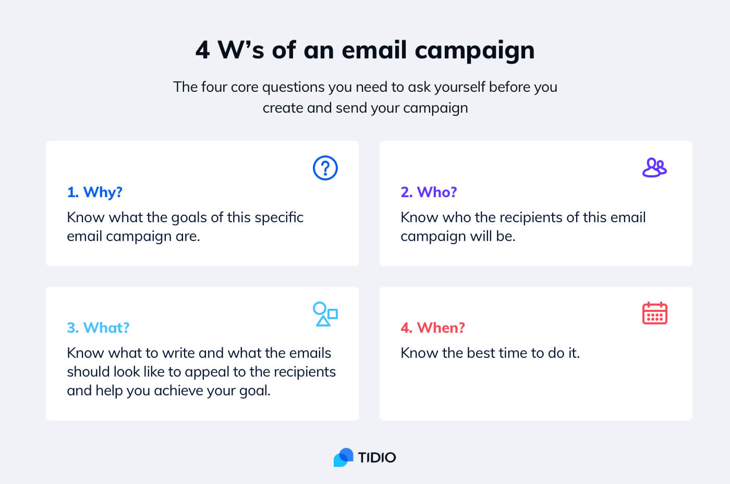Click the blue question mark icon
click(x=325, y=168)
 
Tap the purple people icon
click(x=654, y=168)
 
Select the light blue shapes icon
click(x=325, y=314)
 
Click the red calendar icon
click(x=654, y=313)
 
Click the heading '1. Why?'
click(x=95, y=192)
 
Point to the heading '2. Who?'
click(x=429, y=192)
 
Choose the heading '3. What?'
click(x=98, y=328)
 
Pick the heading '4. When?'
click(x=433, y=328)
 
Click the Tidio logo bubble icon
click(x=344, y=457)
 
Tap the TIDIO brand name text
click(x=377, y=458)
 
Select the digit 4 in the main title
click(x=203, y=51)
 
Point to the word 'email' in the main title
click(x=374, y=50)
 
